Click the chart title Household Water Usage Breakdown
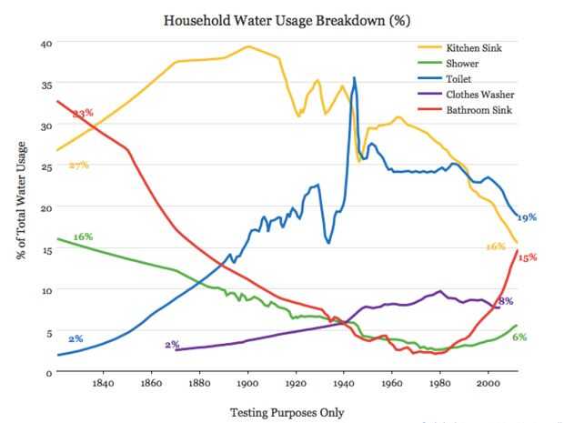tap(283, 19)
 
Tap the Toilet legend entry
tap(460, 79)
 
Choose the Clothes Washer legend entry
tap(478, 95)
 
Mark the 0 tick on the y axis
tap(48, 372)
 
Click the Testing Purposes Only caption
tap(287, 412)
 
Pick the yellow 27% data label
tap(78, 166)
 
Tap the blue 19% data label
tap(527, 217)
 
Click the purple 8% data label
tap(507, 301)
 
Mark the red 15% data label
tap(528, 257)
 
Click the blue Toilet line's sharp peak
tap(354, 78)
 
